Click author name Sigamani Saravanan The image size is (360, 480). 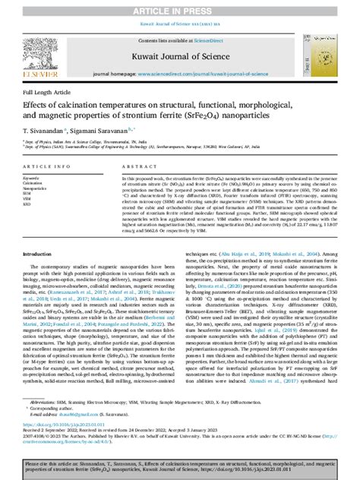point(115,131)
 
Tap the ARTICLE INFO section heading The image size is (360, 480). point(43,165)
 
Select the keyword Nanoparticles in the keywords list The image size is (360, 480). point(34,188)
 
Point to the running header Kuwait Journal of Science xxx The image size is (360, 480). point(179,25)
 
